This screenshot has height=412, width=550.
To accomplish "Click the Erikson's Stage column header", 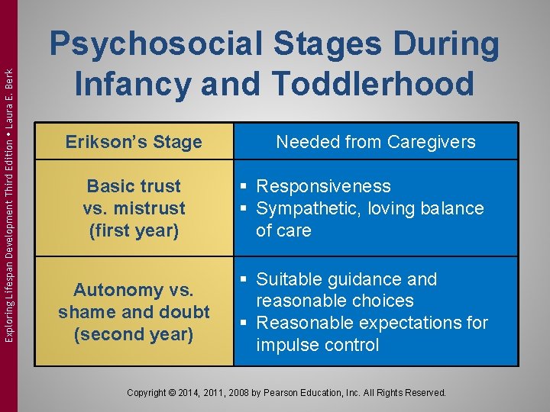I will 134,142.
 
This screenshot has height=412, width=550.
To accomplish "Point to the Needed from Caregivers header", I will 375,142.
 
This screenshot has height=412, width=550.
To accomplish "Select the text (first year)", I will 134,230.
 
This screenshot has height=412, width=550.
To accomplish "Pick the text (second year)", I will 134,334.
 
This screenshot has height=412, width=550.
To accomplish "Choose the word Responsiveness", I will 323,186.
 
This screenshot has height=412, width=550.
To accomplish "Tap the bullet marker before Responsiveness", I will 242,187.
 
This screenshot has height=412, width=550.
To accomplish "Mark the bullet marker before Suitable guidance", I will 242,280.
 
